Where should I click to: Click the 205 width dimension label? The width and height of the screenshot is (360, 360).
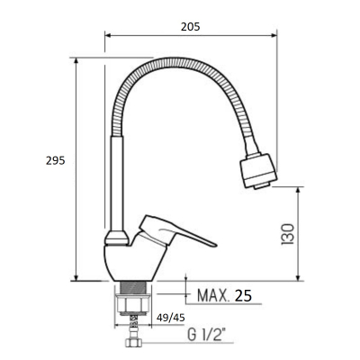point(190,27)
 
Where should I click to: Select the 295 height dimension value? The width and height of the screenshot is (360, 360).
point(56,161)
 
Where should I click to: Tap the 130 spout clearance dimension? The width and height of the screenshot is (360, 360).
point(288,234)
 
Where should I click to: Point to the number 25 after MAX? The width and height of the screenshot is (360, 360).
point(243,296)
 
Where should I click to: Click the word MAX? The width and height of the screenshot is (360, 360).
point(212,296)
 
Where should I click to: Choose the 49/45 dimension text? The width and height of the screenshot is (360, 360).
point(171,318)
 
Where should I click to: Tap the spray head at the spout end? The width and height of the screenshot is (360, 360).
point(258,172)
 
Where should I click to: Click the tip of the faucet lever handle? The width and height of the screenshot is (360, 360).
point(216,245)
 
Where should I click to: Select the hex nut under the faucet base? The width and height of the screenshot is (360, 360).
point(133,304)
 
